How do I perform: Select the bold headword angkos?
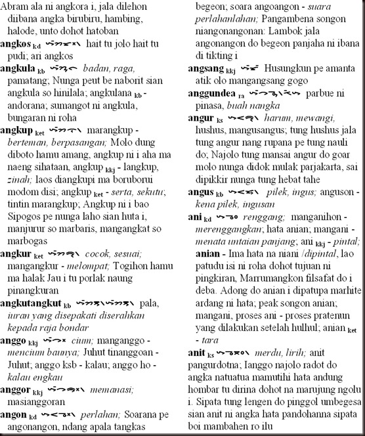coord(16,43)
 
